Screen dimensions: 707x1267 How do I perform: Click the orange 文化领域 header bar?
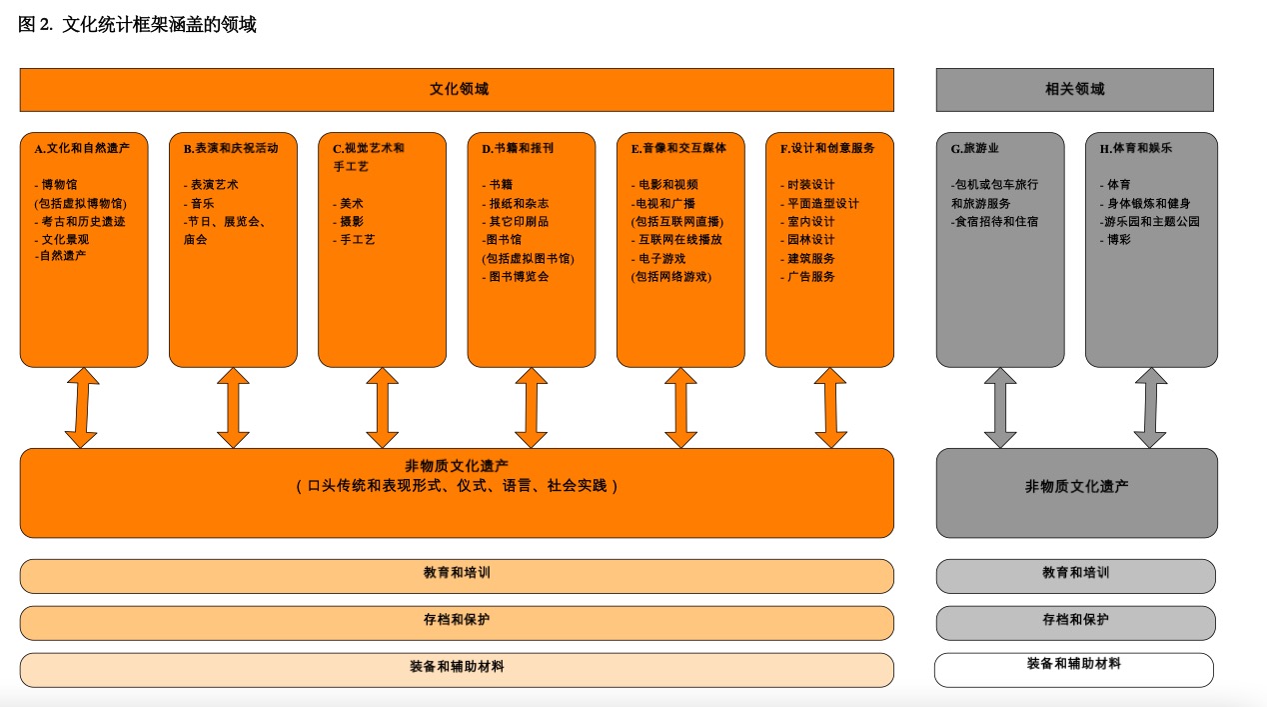pyautogui.click(x=457, y=90)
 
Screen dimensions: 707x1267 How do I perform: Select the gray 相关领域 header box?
pyautogui.click(x=1074, y=90)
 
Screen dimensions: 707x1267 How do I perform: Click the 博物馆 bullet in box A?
pyautogui.click(x=59, y=185)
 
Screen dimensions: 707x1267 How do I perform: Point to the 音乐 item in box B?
pyautogui.click(x=202, y=203)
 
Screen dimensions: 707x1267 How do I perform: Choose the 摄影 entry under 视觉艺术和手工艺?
pyautogui.click(x=352, y=222)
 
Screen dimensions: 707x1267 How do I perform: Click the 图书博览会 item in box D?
pyautogui.click(x=518, y=277)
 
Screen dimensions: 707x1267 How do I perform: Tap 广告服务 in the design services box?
pyautogui.click(x=810, y=277)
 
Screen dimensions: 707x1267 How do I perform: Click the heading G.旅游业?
pyautogui.click(x=974, y=148)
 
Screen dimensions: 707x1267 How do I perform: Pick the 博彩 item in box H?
pyautogui.click(x=1118, y=240)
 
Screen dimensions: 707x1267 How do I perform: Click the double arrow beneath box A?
pyautogui.click(x=82, y=408)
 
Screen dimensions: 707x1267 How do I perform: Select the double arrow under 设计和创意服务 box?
pyautogui.click(x=830, y=408)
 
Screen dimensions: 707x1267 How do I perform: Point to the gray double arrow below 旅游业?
pyautogui.click(x=1000, y=408)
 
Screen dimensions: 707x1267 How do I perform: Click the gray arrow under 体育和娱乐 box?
pyautogui.click(x=1150, y=408)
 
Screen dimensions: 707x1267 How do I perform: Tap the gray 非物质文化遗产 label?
pyautogui.click(x=1076, y=487)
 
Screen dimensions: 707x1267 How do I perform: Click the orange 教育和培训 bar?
pyautogui.click(x=457, y=575)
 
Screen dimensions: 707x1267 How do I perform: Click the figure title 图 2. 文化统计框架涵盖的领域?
pyautogui.click(x=138, y=25)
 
